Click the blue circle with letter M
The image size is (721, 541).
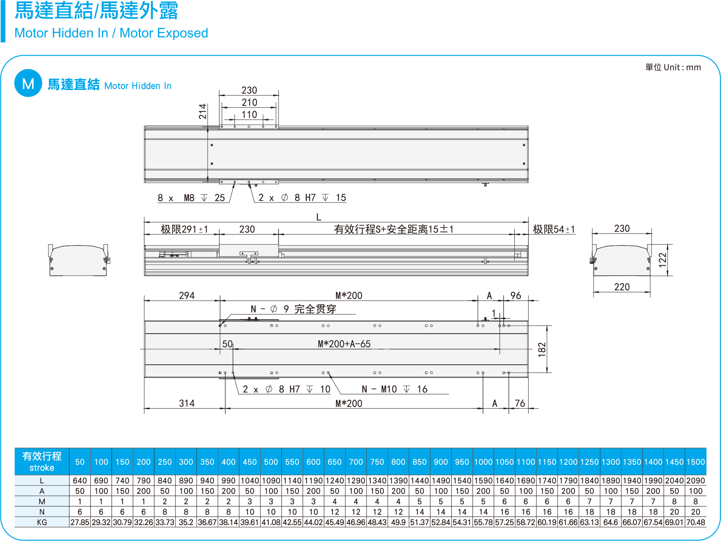pyautogui.click(x=28, y=83)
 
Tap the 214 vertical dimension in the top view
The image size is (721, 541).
pyautogui.click(x=203, y=112)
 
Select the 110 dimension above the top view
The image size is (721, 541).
pyautogui.click(x=249, y=115)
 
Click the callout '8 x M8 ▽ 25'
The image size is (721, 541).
pyautogui.click(x=191, y=198)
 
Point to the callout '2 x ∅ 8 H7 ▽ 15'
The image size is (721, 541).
pyautogui.click(x=302, y=198)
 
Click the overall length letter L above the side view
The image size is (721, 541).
pyautogui.click(x=319, y=217)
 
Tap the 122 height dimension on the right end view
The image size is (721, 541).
pyautogui.click(x=662, y=260)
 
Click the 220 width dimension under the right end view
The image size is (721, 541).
pyautogui.click(x=622, y=287)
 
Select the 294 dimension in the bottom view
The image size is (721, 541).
pyautogui.click(x=186, y=296)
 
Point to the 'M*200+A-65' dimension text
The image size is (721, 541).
pyautogui.click(x=344, y=344)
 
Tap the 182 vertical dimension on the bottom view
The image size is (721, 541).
pyautogui.click(x=542, y=350)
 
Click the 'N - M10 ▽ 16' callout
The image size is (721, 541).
pyautogui.click(x=394, y=389)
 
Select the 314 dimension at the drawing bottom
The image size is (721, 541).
pyautogui.click(x=186, y=404)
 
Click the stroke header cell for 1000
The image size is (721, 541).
pyautogui.click(x=483, y=462)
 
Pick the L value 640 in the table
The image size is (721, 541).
pyautogui.click(x=80, y=481)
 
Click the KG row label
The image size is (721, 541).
pyautogui.click(x=42, y=522)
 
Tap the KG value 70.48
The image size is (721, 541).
pyautogui.click(x=696, y=522)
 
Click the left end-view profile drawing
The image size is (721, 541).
pyautogui.click(x=78, y=260)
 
